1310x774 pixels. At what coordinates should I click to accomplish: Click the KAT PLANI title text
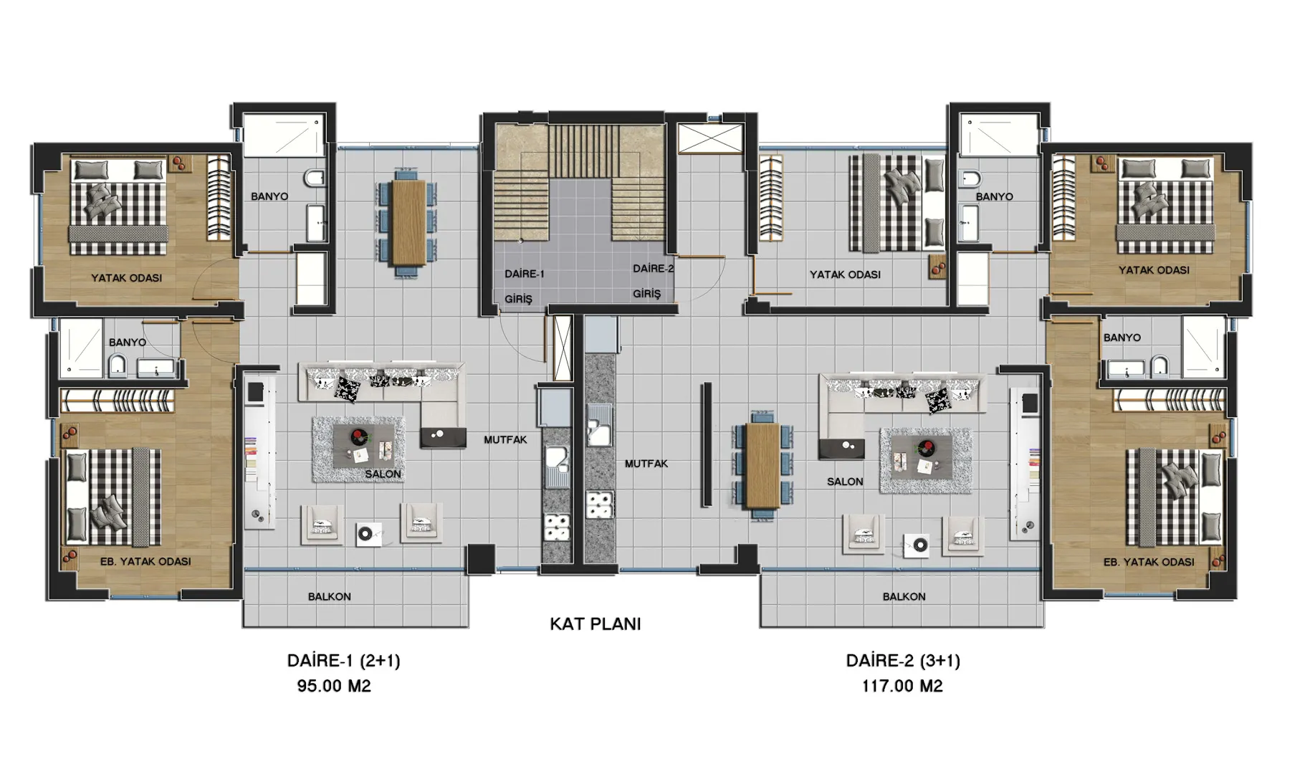(595, 623)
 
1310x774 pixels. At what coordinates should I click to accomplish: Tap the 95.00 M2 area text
(334, 686)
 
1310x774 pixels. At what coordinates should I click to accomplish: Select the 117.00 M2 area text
(902, 686)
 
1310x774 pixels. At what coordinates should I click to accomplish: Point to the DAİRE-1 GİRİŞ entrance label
(523, 286)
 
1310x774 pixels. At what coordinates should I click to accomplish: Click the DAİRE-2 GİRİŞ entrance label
(652, 281)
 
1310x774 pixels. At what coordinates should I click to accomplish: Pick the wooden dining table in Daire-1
(409, 221)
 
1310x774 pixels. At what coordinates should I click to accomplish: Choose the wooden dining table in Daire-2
(762, 466)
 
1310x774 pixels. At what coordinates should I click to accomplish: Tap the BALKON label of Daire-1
(330, 596)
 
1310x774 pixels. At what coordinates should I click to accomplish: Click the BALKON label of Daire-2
(904, 596)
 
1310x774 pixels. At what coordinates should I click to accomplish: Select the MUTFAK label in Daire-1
(505, 439)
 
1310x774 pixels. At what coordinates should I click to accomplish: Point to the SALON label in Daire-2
(845, 482)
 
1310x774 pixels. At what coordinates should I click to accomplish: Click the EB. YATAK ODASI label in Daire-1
(145, 561)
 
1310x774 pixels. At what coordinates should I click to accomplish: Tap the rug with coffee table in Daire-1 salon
(358, 449)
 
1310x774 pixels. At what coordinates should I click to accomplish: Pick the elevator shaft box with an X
(710, 138)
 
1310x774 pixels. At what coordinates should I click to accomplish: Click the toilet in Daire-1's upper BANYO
(315, 178)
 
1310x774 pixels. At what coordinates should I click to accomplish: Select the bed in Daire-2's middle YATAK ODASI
(897, 203)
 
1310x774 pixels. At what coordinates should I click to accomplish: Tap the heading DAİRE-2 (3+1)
(903, 660)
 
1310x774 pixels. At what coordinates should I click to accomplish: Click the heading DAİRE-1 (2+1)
(343, 660)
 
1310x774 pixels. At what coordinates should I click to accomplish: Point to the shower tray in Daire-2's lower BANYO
(1204, 347)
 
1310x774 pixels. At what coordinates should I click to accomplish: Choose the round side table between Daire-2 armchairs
(918, 545)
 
